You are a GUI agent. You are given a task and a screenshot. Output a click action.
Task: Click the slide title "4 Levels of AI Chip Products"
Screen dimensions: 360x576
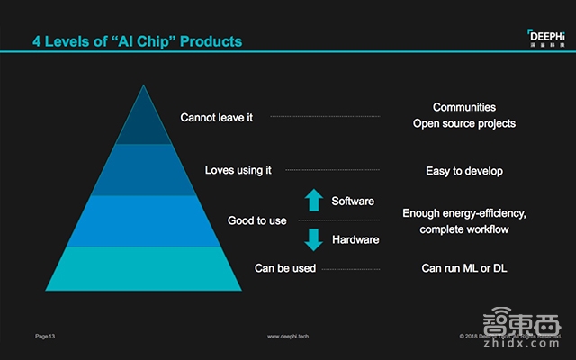point(137,41)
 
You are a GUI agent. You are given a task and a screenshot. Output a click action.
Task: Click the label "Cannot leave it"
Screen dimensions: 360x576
point(217,117)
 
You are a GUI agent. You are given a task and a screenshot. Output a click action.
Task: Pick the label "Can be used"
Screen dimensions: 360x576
point(285,268)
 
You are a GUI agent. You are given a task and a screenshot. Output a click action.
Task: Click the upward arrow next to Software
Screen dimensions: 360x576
point(313,201)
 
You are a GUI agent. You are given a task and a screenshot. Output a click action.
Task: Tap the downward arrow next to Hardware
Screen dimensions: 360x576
point(313,239)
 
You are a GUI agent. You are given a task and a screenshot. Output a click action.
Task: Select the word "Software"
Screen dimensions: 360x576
point(353,200)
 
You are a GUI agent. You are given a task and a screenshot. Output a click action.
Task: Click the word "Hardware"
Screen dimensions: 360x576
point(355,240)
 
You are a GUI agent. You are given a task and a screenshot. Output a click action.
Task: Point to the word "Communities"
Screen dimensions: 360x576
point(463,108)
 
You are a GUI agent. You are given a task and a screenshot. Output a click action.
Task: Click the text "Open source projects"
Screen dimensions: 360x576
point(463,124)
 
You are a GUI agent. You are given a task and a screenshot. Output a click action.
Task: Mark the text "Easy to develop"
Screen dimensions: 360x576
point(463,171)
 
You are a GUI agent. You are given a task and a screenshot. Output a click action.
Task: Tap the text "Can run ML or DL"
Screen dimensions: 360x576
point(463,268)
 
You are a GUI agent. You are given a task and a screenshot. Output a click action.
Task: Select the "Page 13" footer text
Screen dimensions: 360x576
point(46,336)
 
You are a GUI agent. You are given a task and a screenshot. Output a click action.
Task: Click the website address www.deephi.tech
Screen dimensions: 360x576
point(290,336)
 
